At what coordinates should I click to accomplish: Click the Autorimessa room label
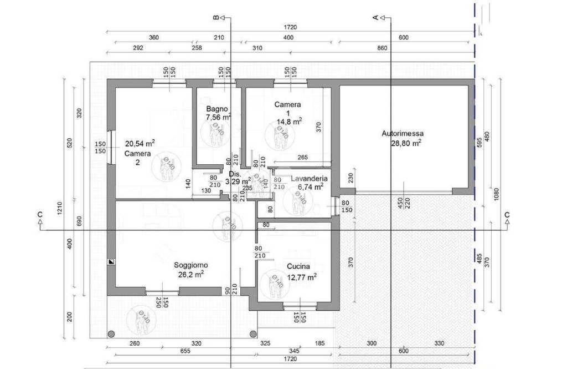coord(403,133)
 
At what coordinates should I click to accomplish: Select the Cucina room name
coord(298,266)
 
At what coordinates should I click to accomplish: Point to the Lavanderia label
coord(309,179)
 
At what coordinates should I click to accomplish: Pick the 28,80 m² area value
coord(406,142)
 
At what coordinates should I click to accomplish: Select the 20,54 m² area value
coord(140,143)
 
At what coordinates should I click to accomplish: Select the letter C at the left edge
coord(40,214)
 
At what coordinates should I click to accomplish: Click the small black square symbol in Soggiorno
coord(111,262)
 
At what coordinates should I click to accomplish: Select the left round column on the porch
coord(111,334)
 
